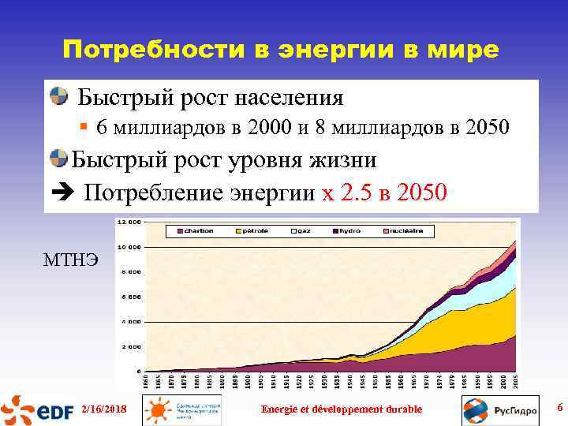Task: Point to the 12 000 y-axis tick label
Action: pos(130,222)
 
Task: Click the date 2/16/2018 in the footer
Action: pos(103,409)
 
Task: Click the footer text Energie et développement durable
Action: pos(342,409)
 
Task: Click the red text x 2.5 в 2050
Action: pos(385,192)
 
